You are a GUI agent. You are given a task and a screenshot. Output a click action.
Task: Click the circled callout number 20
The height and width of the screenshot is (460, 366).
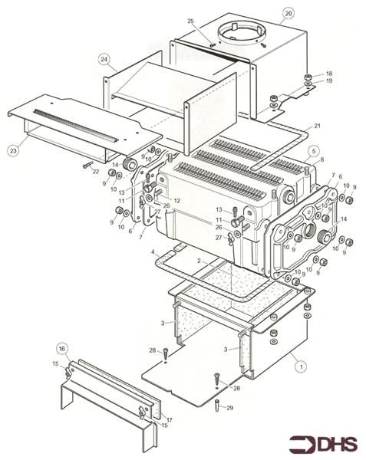[288, 13]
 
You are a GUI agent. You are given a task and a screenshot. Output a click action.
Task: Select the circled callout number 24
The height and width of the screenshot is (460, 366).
[104, 58]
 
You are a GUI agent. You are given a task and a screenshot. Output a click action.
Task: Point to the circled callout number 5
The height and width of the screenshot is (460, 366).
[313, 152]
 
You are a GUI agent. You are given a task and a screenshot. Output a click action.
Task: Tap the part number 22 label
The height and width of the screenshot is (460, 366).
[96, 172]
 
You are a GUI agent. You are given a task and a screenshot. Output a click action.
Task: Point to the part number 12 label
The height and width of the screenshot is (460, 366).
[177, 200]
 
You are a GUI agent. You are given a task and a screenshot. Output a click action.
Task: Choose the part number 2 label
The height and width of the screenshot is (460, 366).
[200, 261]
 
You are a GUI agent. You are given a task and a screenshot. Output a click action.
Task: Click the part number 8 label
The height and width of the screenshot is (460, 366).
[321, 159]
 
